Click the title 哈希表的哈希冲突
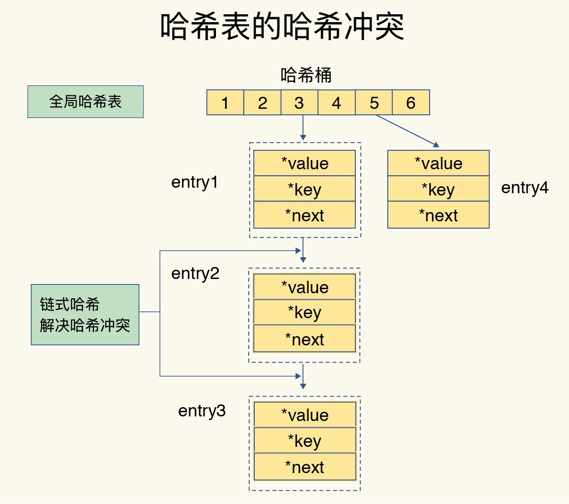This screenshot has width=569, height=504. (282, 26)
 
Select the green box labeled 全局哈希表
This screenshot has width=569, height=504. (85, 101)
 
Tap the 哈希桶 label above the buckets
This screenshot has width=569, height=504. (306, 75)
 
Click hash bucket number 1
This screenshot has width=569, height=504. (225, 102)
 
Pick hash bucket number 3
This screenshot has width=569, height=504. (299, 102)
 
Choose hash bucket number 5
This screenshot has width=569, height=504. (374, 102)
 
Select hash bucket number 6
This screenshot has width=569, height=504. (411, 102)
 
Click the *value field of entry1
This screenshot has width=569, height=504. (305, 163)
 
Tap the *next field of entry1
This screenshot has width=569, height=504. (305, 215)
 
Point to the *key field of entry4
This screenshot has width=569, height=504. (438, 189)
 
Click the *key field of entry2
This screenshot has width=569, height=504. (305, 312)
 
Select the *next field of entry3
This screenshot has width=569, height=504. (305, 467)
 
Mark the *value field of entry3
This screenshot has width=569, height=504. (305, 415)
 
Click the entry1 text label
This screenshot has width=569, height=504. (194, 182)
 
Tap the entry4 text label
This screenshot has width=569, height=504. (525, 188)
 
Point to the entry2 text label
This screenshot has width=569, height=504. (195, 273)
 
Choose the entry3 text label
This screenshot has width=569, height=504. (202, 410)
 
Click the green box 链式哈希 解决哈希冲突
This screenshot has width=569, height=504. (85, 314)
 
